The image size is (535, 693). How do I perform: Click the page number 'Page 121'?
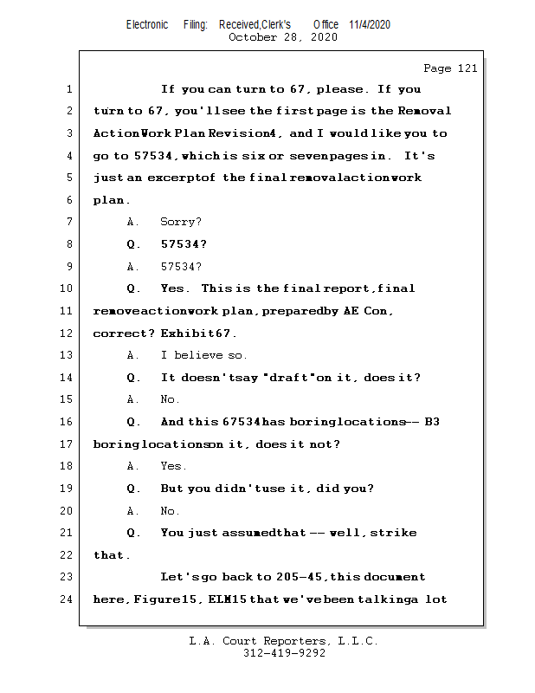[450, 68]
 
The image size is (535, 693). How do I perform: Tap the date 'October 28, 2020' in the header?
[282, 37]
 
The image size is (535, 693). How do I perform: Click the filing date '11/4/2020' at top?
[370, 24]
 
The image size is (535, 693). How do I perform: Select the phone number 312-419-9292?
[284, 653]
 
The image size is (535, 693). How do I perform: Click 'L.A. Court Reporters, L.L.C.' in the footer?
[284, 641]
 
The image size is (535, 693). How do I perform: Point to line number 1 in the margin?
[68, 89]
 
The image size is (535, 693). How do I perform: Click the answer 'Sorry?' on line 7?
[181, 223]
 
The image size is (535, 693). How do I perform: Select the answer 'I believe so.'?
[204, 355]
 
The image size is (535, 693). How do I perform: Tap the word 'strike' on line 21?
[394, 533]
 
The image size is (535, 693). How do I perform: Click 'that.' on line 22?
[111, 555]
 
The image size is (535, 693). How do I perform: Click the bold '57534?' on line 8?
[184, 244]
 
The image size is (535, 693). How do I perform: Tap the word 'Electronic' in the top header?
[147, 24]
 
